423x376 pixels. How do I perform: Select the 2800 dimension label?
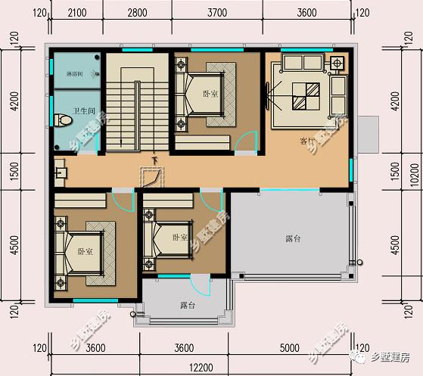137,14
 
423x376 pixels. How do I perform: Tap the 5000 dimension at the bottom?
289,348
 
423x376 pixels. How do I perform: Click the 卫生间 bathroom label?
83,111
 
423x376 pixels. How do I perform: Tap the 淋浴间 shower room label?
76,73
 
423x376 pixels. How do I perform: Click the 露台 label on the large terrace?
294,239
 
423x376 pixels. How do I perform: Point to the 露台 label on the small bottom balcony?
188,306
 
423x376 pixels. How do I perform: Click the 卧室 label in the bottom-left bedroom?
85,251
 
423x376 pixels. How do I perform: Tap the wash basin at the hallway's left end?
60,174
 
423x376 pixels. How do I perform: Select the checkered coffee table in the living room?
300,96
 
